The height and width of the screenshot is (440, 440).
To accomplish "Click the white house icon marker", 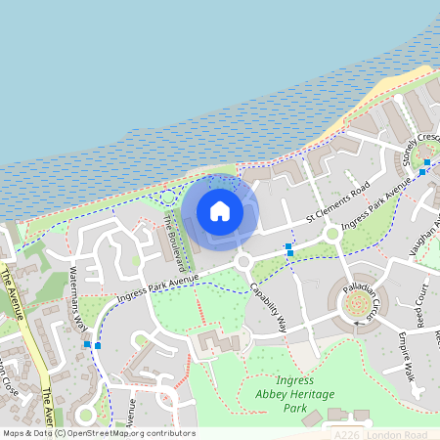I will (220, 210).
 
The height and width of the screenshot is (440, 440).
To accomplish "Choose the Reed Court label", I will (419, 307).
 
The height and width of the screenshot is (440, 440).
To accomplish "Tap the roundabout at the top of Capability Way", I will (242, 261).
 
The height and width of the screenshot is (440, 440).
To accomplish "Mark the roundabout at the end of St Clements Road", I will (333, 234).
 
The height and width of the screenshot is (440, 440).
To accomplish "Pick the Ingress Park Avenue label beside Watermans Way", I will (157, 286).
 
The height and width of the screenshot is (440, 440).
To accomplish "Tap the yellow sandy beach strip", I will (386, 102).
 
